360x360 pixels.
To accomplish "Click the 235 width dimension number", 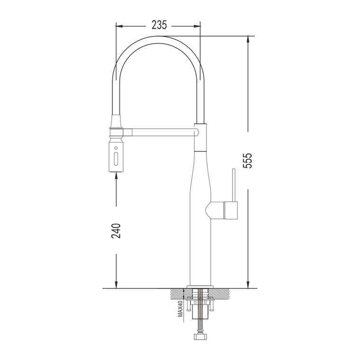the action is coord(159,25).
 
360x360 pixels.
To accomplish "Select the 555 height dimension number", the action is coord(247,160).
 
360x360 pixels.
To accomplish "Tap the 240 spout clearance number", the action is coord(116,230).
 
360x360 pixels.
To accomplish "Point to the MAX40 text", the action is coord(180,309).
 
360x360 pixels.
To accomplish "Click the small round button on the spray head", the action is coord(116,148).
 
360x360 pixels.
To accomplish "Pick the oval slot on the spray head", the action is coord(116,158).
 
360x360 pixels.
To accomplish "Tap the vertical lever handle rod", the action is coord(234,185).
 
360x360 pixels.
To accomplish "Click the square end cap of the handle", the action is coord(231,210).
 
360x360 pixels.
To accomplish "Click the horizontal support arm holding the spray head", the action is coord(161,132).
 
